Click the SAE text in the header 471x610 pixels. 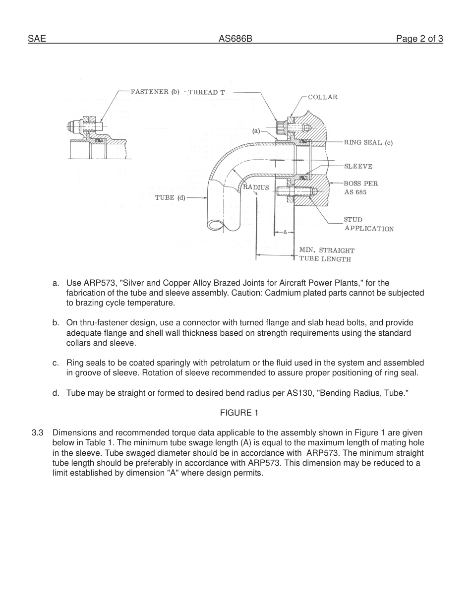37,39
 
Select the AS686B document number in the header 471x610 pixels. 235,39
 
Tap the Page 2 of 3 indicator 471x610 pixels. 419,39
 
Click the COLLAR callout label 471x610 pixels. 322,97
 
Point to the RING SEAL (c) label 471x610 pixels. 368,143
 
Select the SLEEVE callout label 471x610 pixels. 358,167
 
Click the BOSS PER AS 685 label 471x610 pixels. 360,187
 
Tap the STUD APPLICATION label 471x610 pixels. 368,224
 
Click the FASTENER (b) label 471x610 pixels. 155,92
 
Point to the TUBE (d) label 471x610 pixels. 170,197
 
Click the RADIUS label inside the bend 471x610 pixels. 256,187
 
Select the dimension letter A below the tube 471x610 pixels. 285,232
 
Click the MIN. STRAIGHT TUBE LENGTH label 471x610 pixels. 326,254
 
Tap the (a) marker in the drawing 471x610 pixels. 256,131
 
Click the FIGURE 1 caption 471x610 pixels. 239,413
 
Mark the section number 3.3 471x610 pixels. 38,433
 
